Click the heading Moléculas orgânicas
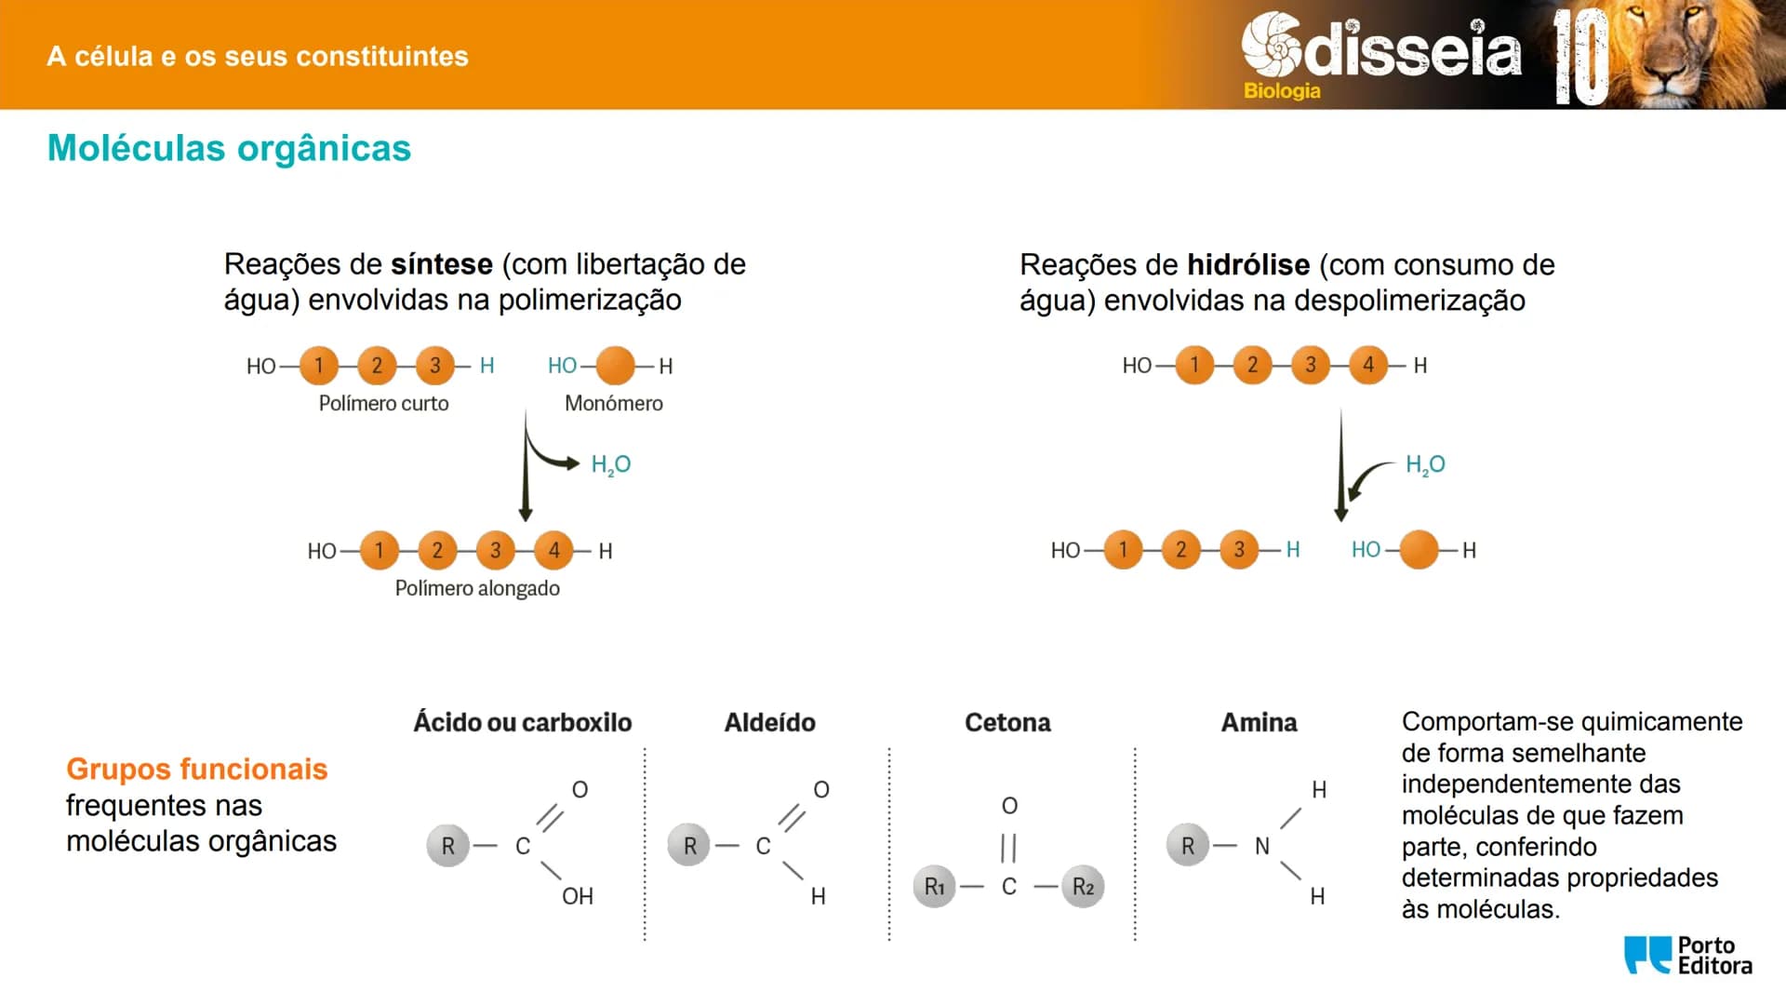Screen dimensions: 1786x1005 [229, 149]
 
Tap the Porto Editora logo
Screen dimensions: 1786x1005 [1687, 956]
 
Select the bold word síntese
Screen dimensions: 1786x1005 [442, 264]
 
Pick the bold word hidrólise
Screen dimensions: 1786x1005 [1248, 265]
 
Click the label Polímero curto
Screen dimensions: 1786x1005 [383, 404]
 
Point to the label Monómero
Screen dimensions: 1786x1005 [614, 404]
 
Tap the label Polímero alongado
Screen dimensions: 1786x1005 [477, 589]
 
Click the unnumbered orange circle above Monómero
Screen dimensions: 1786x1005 [615, 366]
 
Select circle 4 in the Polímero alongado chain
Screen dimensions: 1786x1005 [554, 551]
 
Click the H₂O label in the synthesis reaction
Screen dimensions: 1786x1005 [611, 465]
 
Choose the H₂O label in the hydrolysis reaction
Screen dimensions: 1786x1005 [1425, 465]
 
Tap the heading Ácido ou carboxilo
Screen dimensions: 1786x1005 [523, 723]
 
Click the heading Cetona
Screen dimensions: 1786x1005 [1007, 723]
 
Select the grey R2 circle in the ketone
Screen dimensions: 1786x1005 [1083, 887]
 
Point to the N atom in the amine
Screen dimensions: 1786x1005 [1262, 847]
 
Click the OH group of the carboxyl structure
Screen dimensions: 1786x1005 [578, 896]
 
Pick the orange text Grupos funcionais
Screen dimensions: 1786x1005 [197, 770]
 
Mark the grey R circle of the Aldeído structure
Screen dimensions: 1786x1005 [689, 846]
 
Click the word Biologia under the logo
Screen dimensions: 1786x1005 [1282, 91]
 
